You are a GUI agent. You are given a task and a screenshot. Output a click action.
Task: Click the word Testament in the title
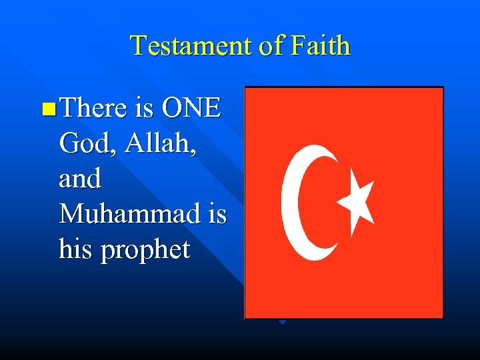(x=188, y=46)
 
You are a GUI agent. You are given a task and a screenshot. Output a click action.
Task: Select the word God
(x=81, y=143)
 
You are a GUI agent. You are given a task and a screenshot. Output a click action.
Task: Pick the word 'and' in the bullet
(x=79, y=178)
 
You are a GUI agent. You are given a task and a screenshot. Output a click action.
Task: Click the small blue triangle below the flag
(x=282, y=322)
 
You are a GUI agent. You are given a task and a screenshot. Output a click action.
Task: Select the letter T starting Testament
(x=138, y=46)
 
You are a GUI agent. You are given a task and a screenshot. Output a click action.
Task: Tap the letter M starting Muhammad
(x=71, y=214)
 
